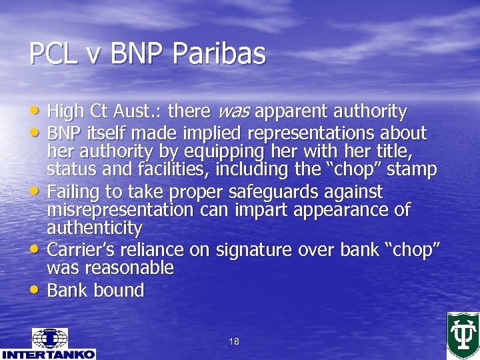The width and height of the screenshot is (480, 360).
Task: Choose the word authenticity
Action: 94,228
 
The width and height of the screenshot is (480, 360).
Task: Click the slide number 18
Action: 233,341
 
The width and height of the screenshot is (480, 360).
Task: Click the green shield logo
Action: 463,335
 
